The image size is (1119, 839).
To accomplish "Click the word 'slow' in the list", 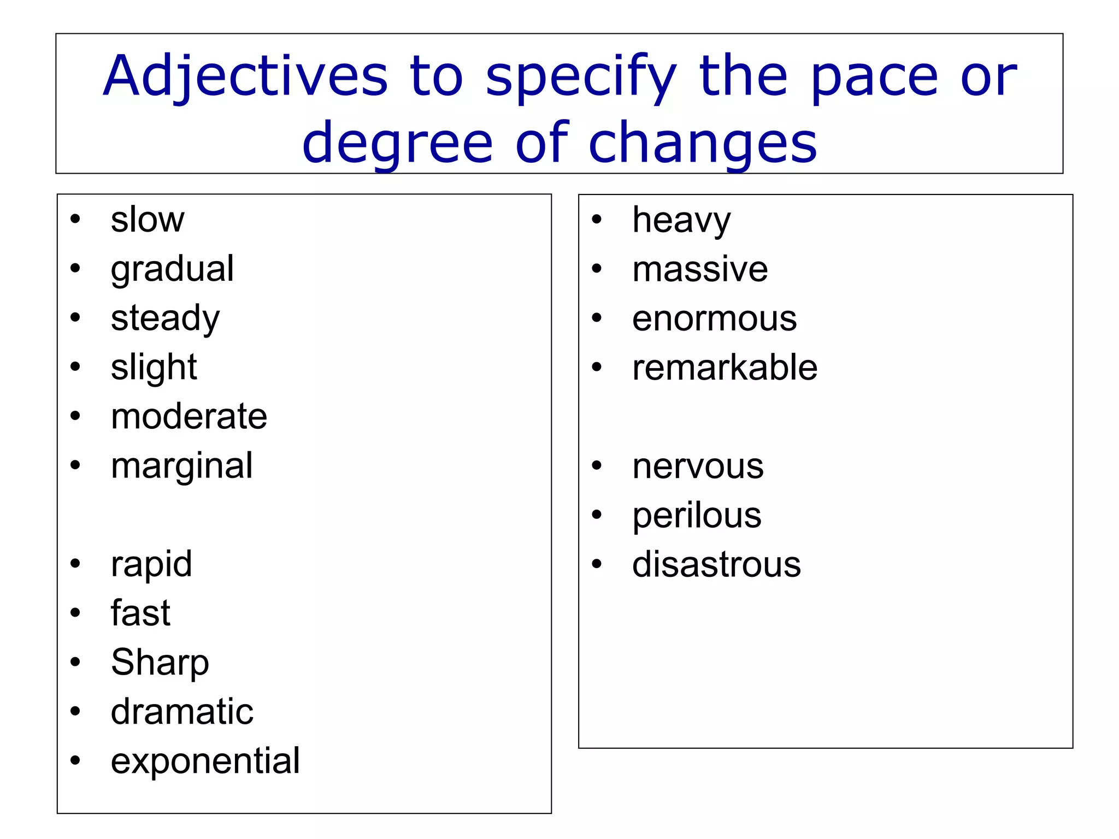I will pos(148,220).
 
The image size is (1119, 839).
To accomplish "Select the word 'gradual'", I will pos(172,269).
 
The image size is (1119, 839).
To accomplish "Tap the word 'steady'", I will pos(165,318).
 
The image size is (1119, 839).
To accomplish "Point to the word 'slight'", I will pos(154,367).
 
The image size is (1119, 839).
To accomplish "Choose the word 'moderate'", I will pos(189,416).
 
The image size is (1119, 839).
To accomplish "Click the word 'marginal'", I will pos(181,466).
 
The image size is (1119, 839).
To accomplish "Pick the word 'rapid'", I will pos(151,564).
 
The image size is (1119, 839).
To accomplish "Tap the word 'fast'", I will pos(140,613).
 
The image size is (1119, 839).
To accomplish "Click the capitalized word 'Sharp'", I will pos(160,663).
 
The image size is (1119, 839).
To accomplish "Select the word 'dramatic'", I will pos(182,712).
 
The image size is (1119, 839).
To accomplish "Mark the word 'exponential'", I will pos(205,761).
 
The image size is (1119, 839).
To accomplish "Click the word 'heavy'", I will pos(681,220).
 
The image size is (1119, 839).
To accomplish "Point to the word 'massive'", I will pos(700,269).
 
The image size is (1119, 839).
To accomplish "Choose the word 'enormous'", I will pos(714,318).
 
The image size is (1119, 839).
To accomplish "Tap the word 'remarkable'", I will pos(725,367).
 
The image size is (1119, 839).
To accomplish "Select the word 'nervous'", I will pos(698,466).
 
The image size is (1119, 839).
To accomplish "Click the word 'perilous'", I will pos(697,516).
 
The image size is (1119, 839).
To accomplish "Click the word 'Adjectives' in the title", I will pos(245,76).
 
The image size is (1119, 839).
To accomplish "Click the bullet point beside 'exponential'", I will pos(75,760).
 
